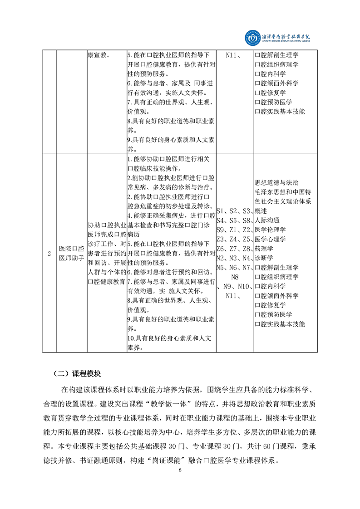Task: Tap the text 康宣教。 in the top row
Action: (98, 55)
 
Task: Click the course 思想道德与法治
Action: (276, 182)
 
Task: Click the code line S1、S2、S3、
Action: (234, 211)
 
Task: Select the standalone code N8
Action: (235, 277)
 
